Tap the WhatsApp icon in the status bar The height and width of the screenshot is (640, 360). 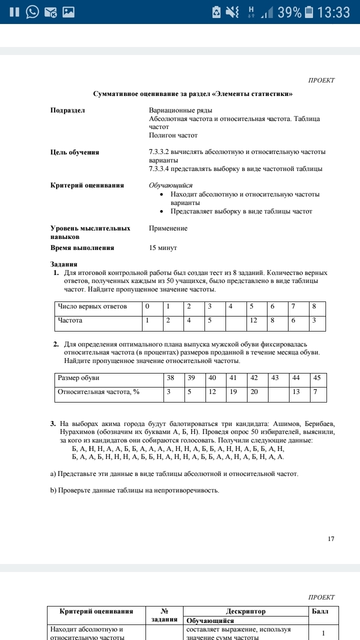coord(32,12)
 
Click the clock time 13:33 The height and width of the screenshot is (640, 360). coord(333,12)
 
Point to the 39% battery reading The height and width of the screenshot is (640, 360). coord(289,12)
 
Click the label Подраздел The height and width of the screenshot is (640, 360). coord(68,110)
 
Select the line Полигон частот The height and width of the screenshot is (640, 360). coord(173,135)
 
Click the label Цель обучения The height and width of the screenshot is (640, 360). coord(74,152)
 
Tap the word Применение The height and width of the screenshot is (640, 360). coord(168,228)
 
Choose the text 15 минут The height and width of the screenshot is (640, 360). coord(163,247)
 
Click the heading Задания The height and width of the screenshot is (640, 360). coord(64,264)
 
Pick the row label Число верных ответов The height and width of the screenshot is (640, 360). coord(92,306)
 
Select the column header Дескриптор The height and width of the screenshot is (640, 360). coord(245,611)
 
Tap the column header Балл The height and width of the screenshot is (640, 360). coord(320,611)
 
